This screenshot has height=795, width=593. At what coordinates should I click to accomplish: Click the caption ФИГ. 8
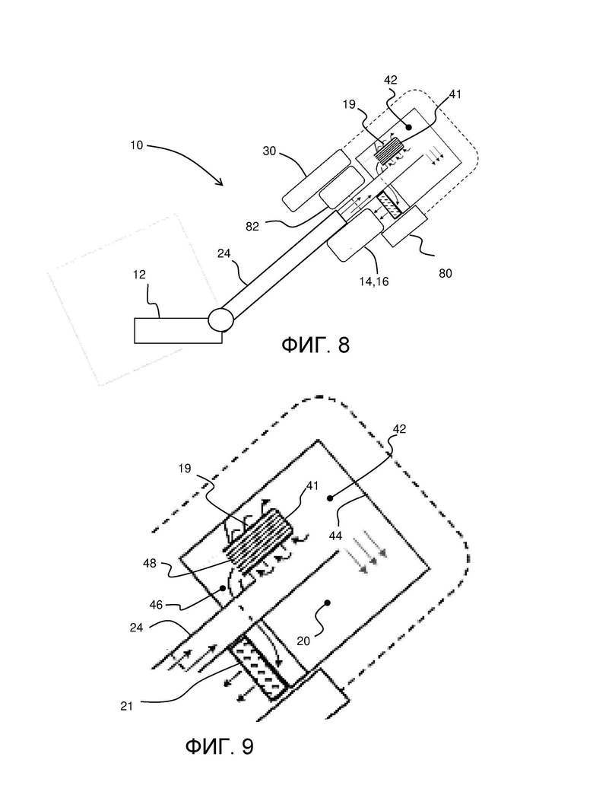[316, 345]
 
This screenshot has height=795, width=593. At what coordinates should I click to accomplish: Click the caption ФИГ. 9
[220, 746]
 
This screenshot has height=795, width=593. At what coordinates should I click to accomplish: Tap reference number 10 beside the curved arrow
[136, 145]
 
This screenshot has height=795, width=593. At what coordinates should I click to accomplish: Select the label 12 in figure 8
[139, 275]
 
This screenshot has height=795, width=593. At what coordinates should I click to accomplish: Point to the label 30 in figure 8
[269, 151]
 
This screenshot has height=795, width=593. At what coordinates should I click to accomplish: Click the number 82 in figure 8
[252, 227]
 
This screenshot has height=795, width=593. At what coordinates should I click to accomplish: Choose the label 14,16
[374, 282]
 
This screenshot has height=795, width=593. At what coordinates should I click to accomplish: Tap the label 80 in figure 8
[445, 274]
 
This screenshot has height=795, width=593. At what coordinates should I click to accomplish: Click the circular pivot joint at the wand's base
[220, 320]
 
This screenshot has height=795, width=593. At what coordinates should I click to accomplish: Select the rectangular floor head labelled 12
[178, 331]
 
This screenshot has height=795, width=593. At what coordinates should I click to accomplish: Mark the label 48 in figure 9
[150, 563]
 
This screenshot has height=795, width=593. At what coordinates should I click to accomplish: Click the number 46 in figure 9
[156, 604]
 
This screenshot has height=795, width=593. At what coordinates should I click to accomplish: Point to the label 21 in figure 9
[127, 706]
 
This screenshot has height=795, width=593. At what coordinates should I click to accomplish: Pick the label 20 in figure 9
[303, 641]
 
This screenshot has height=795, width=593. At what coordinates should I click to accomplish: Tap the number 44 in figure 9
[335, 536]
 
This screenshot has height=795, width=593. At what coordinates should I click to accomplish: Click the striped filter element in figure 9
[259, 542]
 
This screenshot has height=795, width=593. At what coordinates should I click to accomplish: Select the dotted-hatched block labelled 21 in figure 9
[258, 670]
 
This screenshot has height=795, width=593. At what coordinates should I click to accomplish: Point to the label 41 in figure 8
[455, 94]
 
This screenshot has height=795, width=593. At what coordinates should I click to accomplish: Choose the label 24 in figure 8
[224, 253]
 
